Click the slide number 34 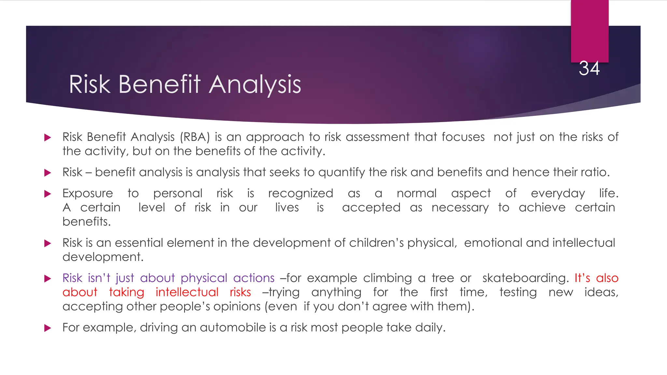click(589, 69)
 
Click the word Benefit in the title click(159, 85)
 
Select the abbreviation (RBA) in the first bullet click(195, 137)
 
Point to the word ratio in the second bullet click(595, 172)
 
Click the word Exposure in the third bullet click(88, 194)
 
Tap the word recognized click(300, 194)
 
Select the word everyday click(558, 194)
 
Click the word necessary click(460, 208)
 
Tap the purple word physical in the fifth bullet click(204, 278)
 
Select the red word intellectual click(187, 292)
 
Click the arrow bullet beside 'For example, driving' click(48, 328)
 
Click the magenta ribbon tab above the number click(589, 31)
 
